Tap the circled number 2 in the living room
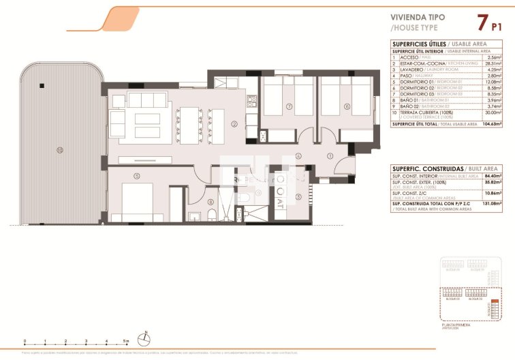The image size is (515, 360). [234, 124]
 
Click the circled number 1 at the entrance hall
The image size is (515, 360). [330, 156]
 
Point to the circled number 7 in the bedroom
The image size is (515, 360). [289, 106]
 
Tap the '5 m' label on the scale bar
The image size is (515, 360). [126, 340]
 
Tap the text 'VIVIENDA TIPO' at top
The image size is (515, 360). [418, 19]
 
